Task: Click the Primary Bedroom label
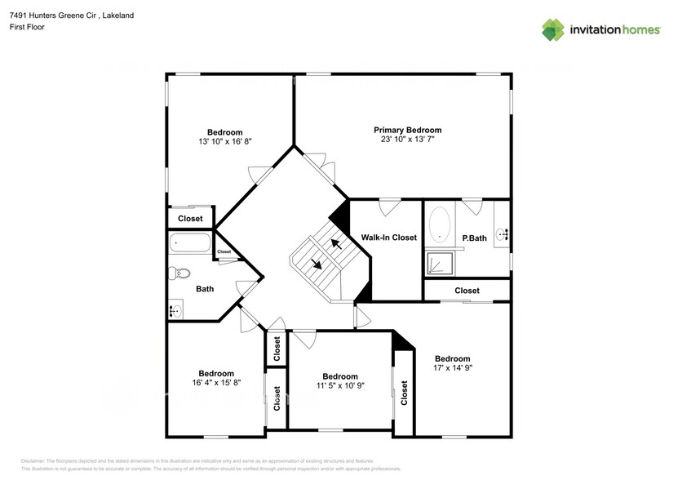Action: tap(407, 130)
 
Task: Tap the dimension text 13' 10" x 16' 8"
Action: tap(224, 141)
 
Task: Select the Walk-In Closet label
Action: tap(388, 238)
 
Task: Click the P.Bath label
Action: tap(475, 238)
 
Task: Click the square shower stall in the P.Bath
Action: tap(439, 263)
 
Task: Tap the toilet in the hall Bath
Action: tap(179, 273)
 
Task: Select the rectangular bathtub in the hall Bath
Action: tap(190, 243)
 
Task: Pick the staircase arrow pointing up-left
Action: tap(335, 242)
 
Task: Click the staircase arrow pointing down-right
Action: tap(316, 263)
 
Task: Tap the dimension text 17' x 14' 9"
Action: tap(452, 368)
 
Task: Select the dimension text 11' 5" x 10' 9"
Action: tap(339, 386)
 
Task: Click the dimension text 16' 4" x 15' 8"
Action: tap(216, 382)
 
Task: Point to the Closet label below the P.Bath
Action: tap(467, 291)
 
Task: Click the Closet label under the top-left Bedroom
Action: tap(190, 219)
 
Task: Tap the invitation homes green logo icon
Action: tap(554, 29)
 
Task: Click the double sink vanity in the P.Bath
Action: tap(502, 235)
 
